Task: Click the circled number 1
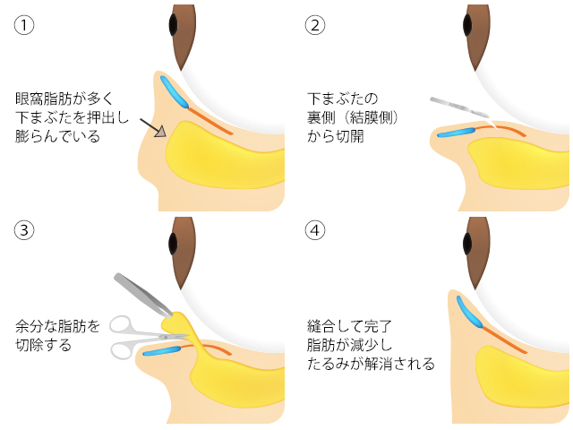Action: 24,24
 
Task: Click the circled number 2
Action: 314,24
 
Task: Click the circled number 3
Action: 24,230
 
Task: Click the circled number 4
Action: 314,230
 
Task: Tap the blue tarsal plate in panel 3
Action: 165,350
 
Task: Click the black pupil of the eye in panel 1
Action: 174,24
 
